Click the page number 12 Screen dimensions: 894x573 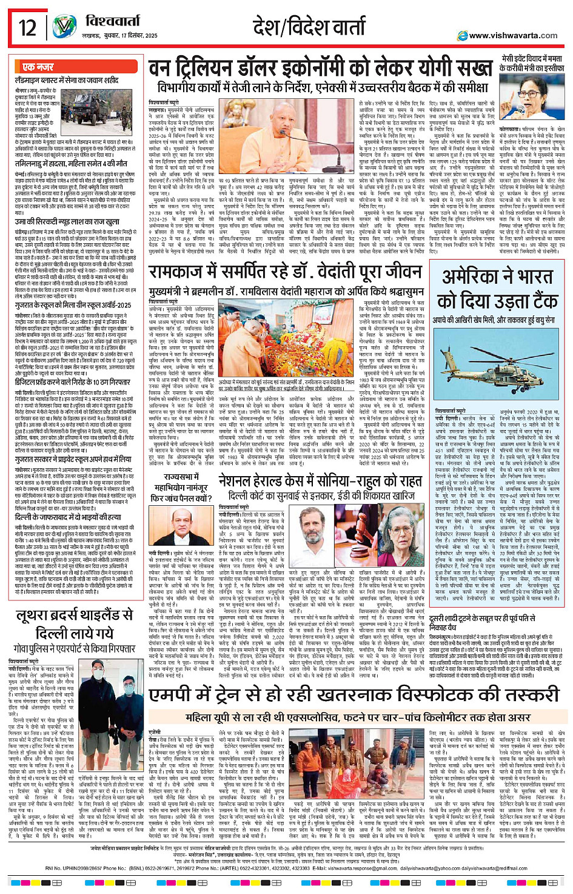[x=28, y=27]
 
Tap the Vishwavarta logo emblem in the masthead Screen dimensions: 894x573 [x=65, y=27]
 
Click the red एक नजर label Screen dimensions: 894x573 [x=38, y=67]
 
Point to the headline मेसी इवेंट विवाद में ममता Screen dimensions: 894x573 [x=531, y=63]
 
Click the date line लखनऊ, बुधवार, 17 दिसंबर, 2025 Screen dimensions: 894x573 [x=119, y=36]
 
